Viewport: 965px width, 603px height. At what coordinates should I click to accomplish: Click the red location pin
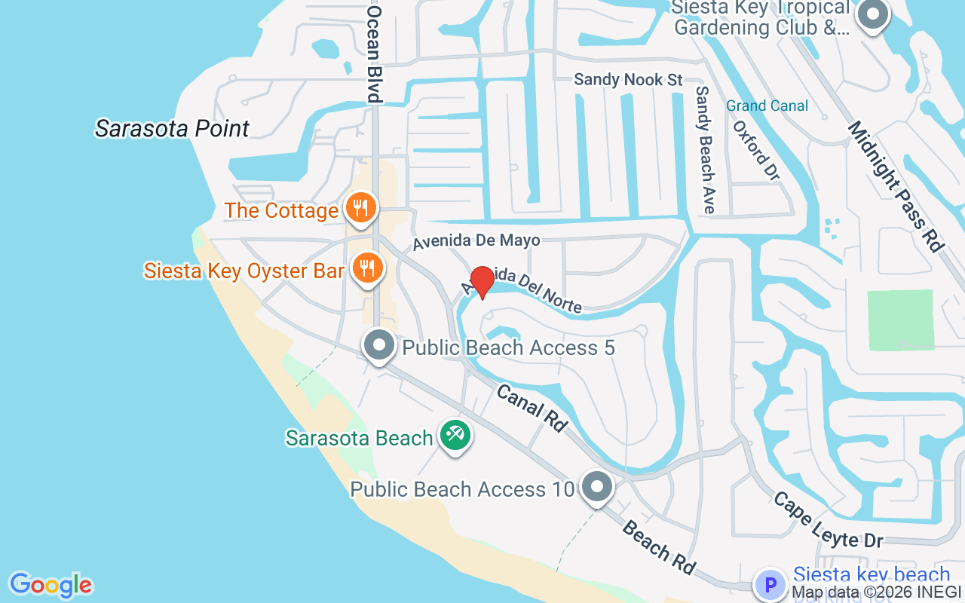point(482,282)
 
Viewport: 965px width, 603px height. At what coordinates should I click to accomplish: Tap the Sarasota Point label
point(172,128)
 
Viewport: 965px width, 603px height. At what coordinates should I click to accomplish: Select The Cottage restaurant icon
point(360,208)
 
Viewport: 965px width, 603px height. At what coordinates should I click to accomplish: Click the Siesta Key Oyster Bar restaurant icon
point(367,268)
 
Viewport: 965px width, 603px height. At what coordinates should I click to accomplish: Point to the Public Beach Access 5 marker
point(379,346)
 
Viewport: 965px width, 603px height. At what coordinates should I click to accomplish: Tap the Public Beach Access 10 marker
point(597,487)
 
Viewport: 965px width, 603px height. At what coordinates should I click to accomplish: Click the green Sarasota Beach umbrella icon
point(455,435)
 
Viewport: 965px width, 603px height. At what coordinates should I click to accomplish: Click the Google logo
point(51,585)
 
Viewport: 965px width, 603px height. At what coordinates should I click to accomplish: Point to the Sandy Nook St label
point(628,79)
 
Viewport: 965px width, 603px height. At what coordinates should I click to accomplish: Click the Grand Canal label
point(767,106)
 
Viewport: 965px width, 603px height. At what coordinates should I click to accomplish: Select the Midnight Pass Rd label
point(896,185)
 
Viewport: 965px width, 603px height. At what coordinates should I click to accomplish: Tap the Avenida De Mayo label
point(476,240)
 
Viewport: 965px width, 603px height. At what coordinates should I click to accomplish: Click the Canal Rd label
point(532,409)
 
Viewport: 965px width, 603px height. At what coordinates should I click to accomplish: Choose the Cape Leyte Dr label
point(828,520)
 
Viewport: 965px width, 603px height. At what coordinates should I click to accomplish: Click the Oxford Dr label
point(756,147)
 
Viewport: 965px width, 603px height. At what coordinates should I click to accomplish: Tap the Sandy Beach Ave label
point(705,148)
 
